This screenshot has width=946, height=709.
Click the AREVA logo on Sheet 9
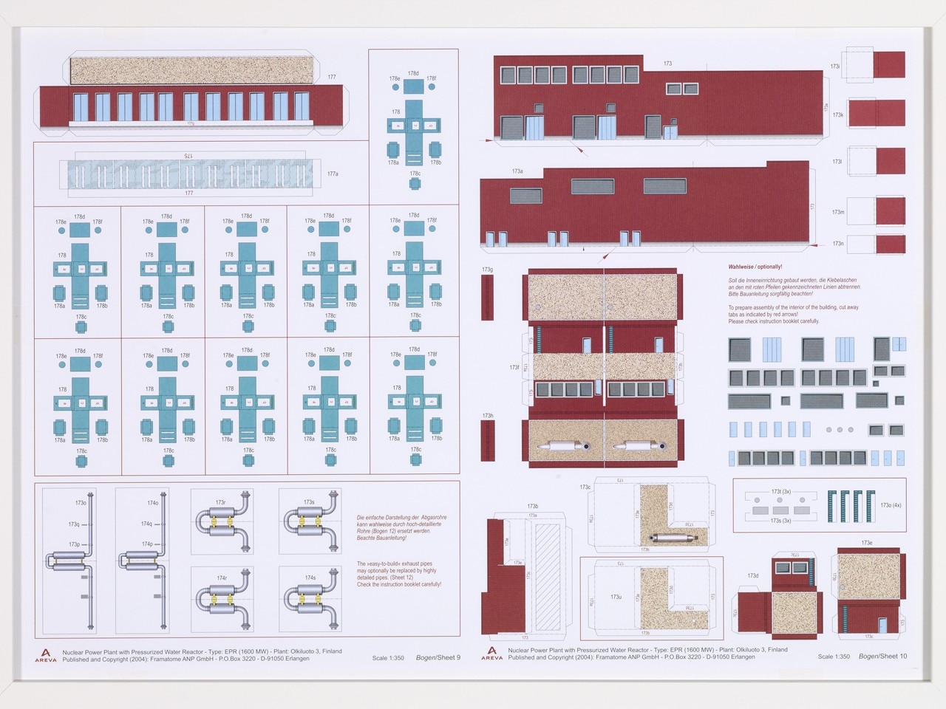tap(45, 655)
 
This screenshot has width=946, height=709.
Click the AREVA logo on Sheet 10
tap(491, 654)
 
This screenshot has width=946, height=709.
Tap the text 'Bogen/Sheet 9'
tap(438, 657)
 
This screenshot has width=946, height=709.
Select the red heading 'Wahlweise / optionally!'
tap(755, 267)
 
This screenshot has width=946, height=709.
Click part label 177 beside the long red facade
tap(332, 77)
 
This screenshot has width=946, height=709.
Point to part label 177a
tap(333, 174)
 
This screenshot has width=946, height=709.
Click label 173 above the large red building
tap(667, 64)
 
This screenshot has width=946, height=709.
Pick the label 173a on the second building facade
tap(517, 171)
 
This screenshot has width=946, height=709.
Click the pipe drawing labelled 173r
tap(222, 521)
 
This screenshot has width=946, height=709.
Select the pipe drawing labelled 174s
tap(310, 598)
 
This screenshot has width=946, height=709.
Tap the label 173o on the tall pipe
tap(81, 503)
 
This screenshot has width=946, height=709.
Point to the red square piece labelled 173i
tap(888, 65)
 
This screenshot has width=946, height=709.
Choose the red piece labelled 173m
tap(889, 211)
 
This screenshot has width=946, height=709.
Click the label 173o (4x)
tap(890, 505)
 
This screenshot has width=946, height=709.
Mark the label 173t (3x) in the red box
tap(780, 491)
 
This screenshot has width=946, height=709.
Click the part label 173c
tap(585, 487)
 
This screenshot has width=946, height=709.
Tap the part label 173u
tap(616, 597)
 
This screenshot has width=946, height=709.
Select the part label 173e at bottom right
tap(866, 543)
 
